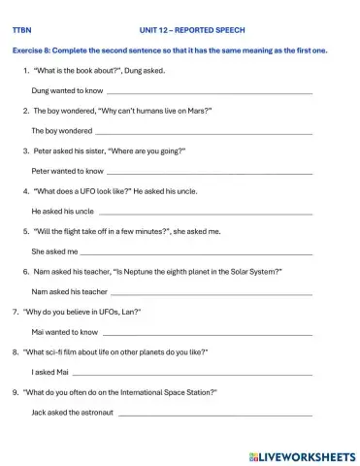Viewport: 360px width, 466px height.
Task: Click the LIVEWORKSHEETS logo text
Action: [304, 453]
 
